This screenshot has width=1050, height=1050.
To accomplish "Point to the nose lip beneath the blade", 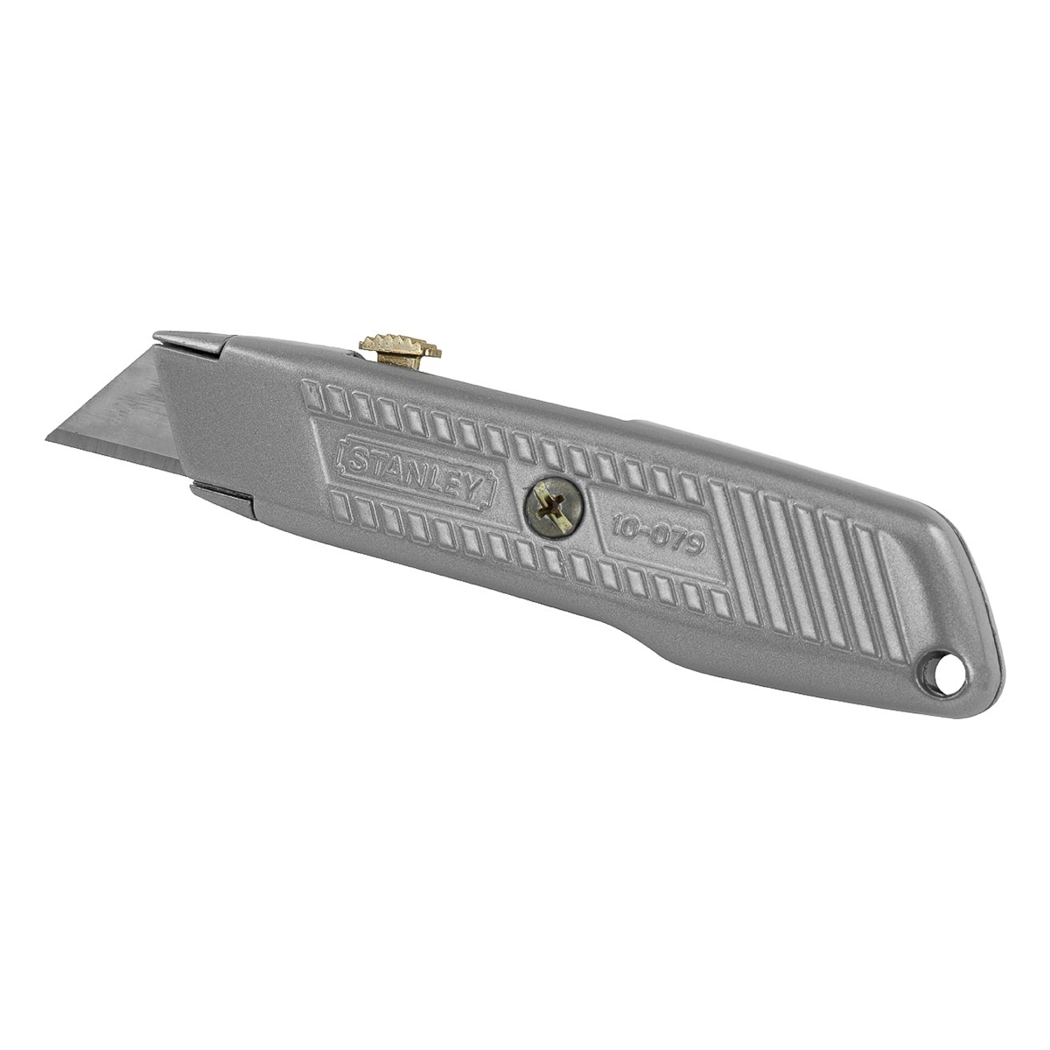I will tap(223, 495).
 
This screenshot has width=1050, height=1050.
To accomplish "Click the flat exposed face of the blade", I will tap(140, 411).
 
